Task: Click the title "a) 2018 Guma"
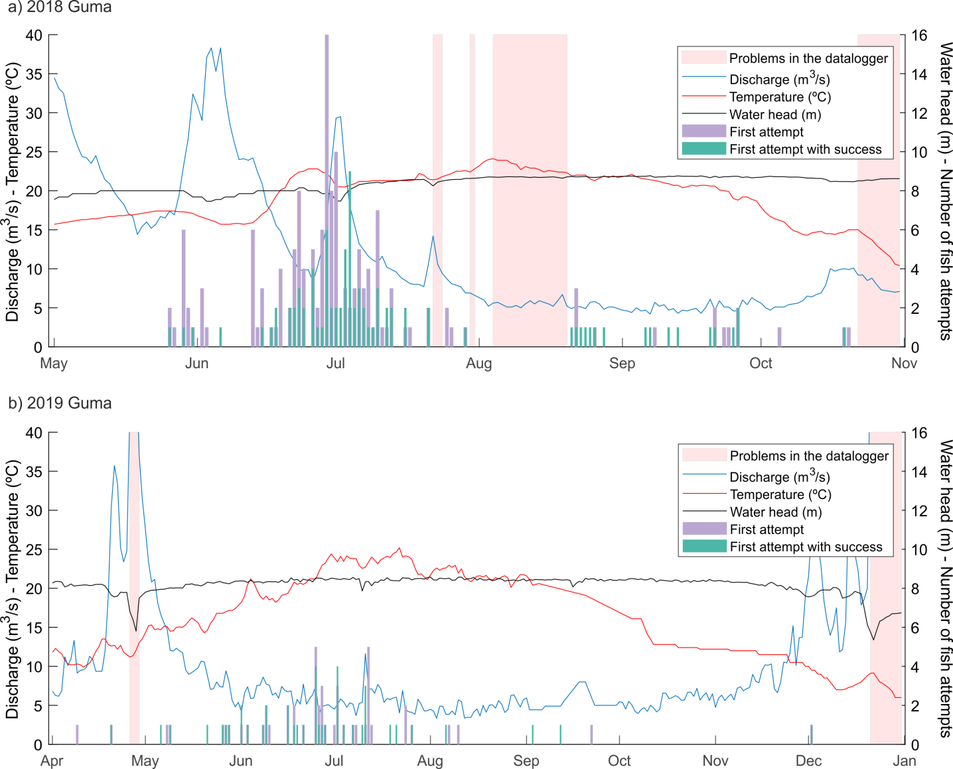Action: pyautogui.click(x=60, y=8)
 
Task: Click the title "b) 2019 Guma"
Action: pyautogui.click(x=60, y=403)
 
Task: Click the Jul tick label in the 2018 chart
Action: pyautogui.click(x=335, y=364)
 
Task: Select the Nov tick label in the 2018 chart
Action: pyautogui.click(x=904, y=364)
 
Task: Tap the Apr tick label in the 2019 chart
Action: pyautogui.click(x=52, y=761)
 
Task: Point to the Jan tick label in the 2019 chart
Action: pyautogui.click(x=904, y=761)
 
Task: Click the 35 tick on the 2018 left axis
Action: pyautogui.click(x=33, y=74)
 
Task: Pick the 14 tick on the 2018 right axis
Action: pyautogui.click(x=919, y=74)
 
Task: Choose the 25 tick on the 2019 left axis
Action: pyautogui.click(x=33, y=550)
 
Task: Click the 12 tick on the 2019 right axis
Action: pyautogui.click(x=919, y=511)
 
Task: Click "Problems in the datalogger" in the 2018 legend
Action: pyautogui.click(x=808, y=58)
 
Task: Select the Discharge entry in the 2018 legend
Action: pyautogui.click(x=779, y=80)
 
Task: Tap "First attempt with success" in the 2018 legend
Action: pyautogui.click(x=806, y=149)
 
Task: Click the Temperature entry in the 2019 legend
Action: pyautogui.click(x=780, y=494)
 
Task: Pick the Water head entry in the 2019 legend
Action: pyautogui.click(x=776, y=512)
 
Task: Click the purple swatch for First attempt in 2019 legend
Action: pyautogui.click(x=704, y=529)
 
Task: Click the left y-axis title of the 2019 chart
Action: pyautogui.click(x=12, y=589)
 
